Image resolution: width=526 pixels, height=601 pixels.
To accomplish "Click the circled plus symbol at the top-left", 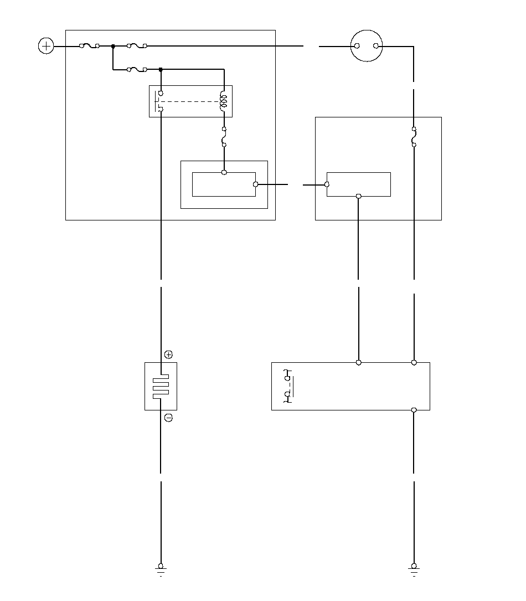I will [46, 46].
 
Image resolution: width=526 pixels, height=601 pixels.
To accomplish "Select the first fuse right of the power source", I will [90, 47].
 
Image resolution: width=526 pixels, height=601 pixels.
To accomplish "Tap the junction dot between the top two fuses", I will [113, 47].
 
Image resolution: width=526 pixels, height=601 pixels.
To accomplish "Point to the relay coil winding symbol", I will [224, 101].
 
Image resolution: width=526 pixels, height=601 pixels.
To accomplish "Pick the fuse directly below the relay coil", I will [224, 137].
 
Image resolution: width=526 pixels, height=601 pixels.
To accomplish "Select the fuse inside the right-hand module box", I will [414, 137].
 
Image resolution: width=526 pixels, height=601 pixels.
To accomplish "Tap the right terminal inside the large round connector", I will [377, 47].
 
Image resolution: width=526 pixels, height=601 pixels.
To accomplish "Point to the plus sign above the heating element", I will [168, 354].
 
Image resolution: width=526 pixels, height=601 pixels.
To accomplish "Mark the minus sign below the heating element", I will [168, 418].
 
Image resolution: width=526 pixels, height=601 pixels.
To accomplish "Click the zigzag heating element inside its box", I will [161, 386].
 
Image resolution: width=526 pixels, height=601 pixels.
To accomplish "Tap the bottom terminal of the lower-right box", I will [414, 410].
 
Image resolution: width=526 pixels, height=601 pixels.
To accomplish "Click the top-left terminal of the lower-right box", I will [359, 362].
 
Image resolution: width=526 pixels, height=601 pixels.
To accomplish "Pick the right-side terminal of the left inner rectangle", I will [255, 184].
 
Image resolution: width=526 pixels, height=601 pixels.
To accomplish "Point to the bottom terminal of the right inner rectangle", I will [359, 196].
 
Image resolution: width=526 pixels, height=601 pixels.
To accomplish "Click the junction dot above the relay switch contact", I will [161, 70].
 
